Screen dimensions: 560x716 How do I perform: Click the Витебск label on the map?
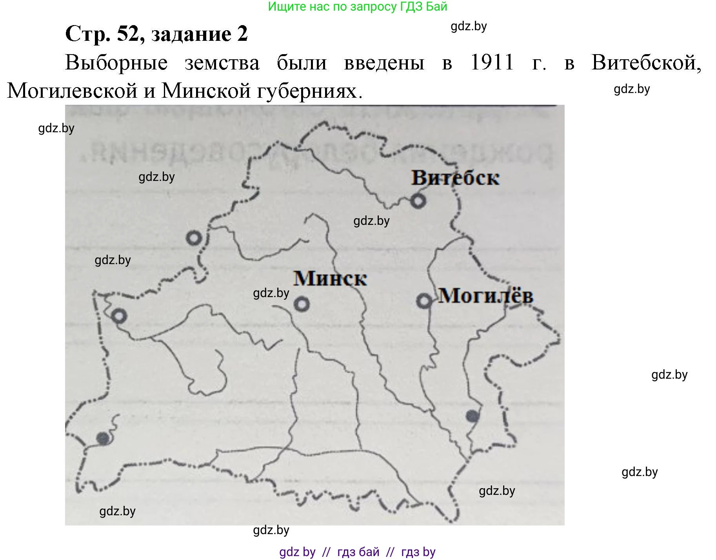[x=455, y=178]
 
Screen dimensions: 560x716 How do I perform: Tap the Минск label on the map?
[x=330, y=279]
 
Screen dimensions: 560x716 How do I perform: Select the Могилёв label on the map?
[x=485, y=296]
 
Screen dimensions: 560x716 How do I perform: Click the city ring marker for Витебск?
[x=418, y=201]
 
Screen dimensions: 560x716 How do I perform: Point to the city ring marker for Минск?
[x=302, y=304]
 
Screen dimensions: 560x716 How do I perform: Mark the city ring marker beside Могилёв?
[x=424, y=301]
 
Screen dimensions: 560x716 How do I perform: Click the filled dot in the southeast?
[x=472, y=416]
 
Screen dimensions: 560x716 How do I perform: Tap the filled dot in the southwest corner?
[x=104, y=438]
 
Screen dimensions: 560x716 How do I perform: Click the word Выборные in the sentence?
[x=116, y=63]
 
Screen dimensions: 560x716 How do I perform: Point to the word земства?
[x=222, y=63]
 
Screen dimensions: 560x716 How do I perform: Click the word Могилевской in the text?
[x=72, y=91]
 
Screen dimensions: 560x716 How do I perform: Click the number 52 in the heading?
[x=129, y=34]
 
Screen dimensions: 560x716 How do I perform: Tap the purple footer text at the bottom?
[x=357, y=552]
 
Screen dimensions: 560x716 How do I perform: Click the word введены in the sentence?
[x=384, y=63]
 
